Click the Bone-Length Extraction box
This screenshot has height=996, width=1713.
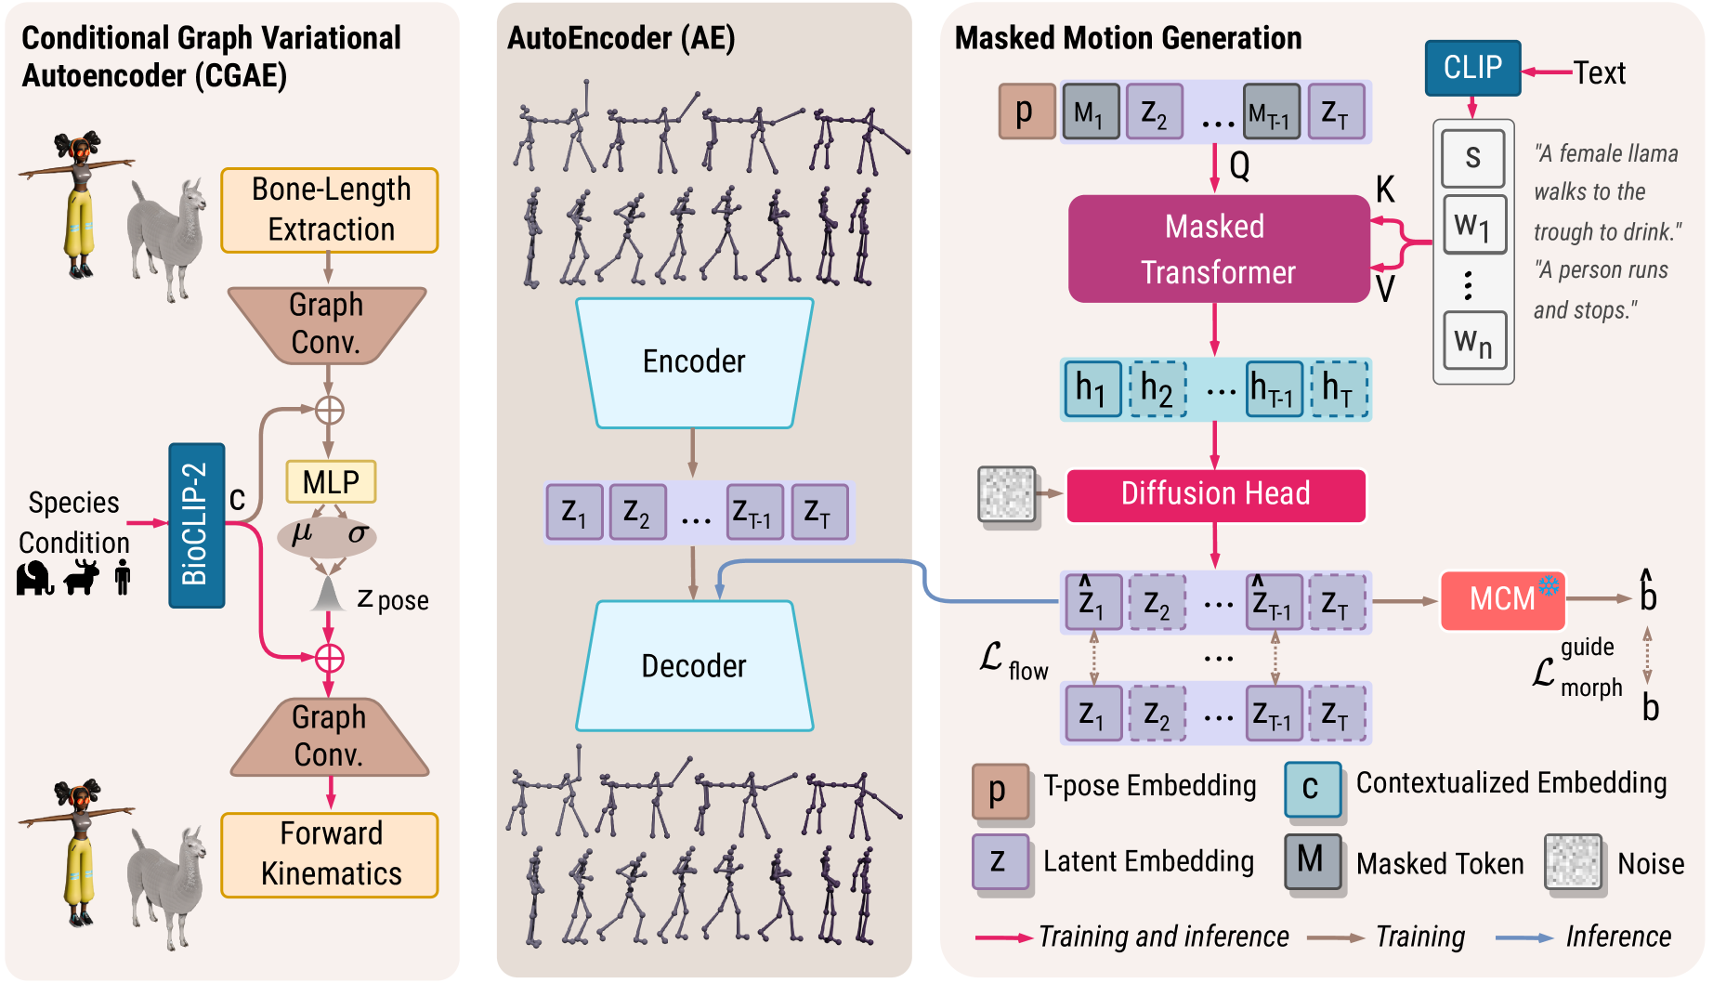[x=330, y=210]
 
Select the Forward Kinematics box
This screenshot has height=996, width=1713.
[x=330, y=855]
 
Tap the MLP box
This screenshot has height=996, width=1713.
[x=331, y=481]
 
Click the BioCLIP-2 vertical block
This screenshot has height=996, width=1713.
[x=196, y=525]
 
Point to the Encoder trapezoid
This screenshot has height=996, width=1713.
[x=694, y=362]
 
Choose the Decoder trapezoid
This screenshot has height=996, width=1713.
[x=694, y=666]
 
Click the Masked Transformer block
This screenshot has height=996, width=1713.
[x=1218, y=249]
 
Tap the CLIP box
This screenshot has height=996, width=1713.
[x=1472, y=68]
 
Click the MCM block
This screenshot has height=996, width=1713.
[x=1502, y=599]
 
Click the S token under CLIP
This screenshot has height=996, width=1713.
[x=1473, y=158]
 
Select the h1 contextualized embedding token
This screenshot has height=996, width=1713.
[x=1092, y=388]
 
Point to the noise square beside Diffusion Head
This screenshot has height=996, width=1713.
[x=1006, y=494]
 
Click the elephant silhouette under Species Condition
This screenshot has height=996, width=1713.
[x=34, y=578]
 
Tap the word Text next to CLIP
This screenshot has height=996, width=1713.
[x=1599, y=72]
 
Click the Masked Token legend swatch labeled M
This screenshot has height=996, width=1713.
[x=1312, y=860]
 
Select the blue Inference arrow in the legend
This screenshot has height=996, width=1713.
[x=1523, y=938]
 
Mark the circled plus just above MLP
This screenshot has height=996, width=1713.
[x=329, y=410]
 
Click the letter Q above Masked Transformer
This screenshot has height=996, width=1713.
[x=1239, y=166]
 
